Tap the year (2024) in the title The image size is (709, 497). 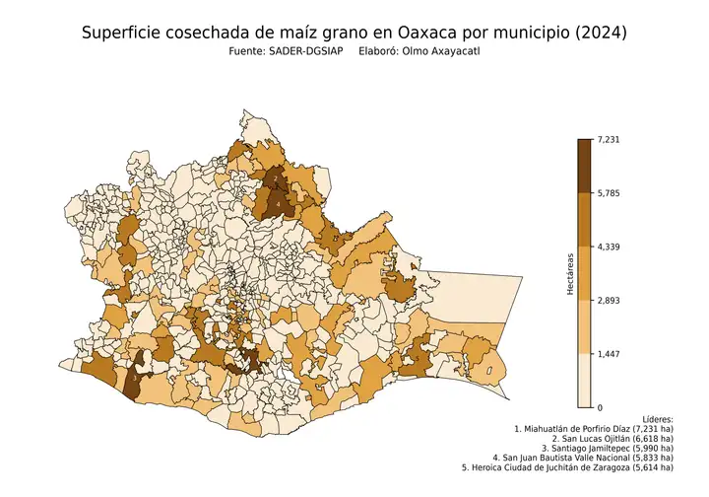pos(598,33)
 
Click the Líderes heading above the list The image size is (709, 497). pos(655,418)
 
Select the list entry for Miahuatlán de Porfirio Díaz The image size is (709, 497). pos(594,430)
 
